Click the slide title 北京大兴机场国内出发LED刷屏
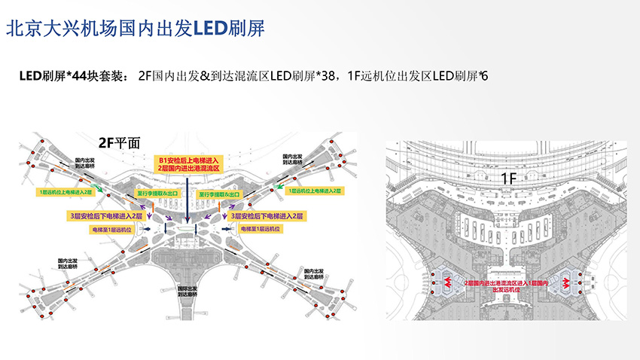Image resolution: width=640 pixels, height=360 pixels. coord(135,29)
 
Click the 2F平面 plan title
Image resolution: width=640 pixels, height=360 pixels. coord(119,141)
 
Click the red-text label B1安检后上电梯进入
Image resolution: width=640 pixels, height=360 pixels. coord(186,160)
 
